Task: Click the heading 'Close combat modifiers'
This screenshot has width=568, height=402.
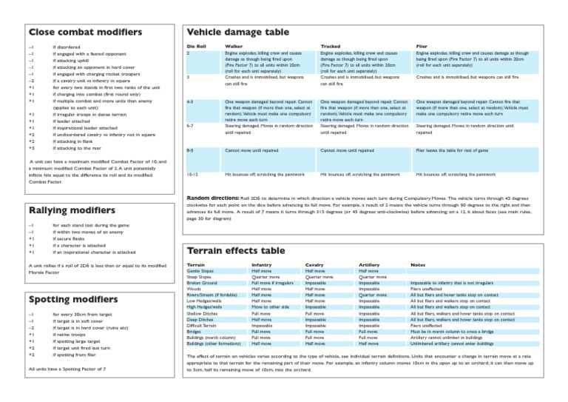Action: [x=84, y=33]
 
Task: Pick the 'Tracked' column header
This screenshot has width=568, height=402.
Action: [x=331, y=46]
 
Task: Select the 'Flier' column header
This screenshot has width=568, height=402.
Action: [x=422, y=46]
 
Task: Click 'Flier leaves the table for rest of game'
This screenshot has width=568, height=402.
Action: [x=453, y=150]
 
